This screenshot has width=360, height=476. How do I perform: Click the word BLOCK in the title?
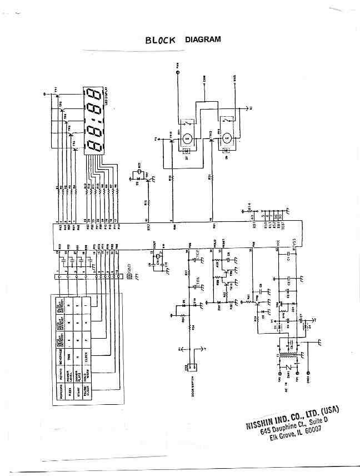[x=160, y=40]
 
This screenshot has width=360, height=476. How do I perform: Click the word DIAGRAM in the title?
[x=203, y=39]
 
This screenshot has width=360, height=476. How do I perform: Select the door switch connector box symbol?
[x=192, y=367]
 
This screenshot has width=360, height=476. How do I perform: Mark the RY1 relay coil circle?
[x=187, y=137]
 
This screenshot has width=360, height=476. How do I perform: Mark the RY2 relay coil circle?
[x=227, y=137]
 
